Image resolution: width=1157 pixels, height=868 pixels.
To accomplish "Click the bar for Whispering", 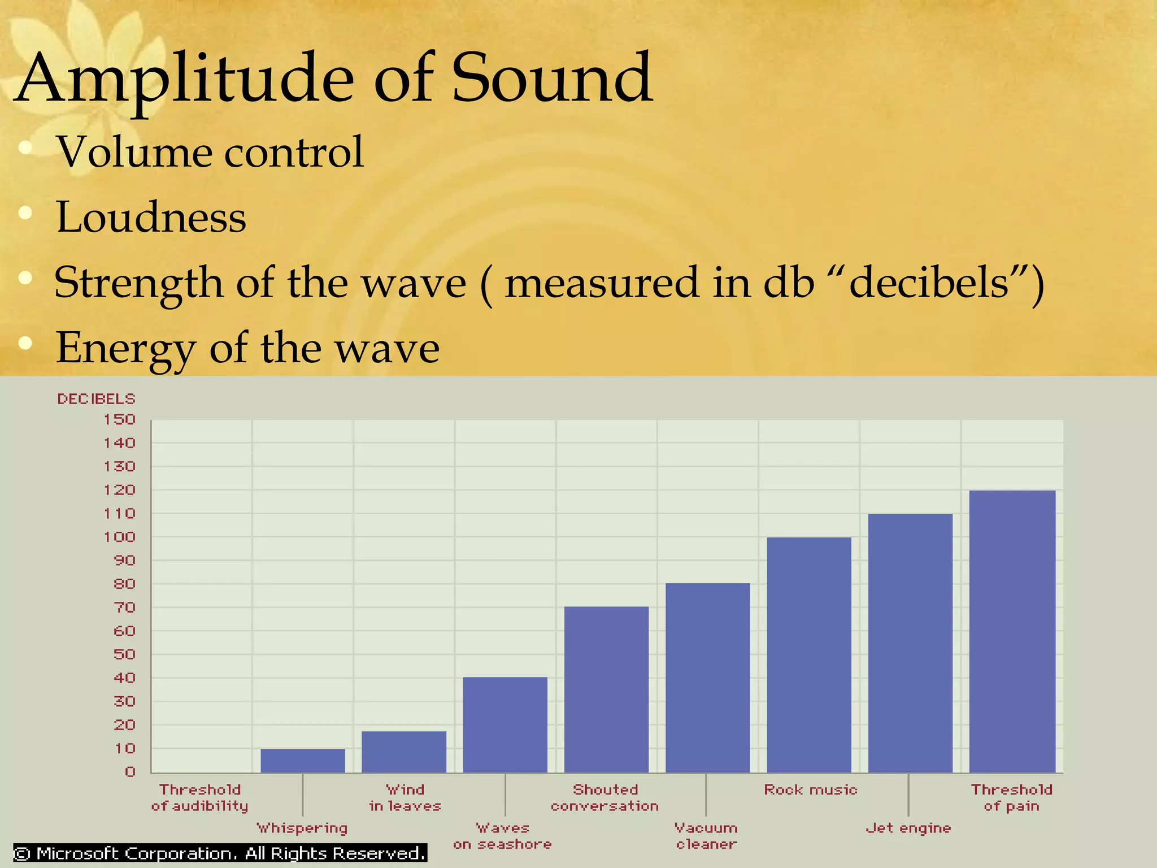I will [303, 761].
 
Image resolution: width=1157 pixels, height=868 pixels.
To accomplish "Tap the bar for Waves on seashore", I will [505, 724].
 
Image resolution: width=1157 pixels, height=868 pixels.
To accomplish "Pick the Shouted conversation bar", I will [606, 689].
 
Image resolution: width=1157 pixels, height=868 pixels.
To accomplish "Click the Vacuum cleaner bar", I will [707, 678].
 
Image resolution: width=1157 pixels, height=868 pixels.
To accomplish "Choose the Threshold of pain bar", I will [1012, 631].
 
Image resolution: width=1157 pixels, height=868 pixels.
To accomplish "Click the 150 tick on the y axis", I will [119, 419].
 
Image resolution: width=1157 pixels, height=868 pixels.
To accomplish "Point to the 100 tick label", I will [119, 537].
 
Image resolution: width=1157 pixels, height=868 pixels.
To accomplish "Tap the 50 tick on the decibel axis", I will [124, 654].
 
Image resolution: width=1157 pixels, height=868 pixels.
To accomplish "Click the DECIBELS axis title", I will [96, 399].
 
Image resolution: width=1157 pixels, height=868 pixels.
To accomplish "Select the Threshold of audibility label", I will [199, 797].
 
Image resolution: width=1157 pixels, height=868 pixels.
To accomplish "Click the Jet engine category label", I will [908, 828].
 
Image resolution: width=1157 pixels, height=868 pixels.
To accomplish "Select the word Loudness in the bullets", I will [151, 217].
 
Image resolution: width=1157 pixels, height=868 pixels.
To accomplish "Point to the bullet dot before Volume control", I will [25, 148].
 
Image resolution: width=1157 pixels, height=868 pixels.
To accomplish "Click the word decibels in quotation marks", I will [928, 282].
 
